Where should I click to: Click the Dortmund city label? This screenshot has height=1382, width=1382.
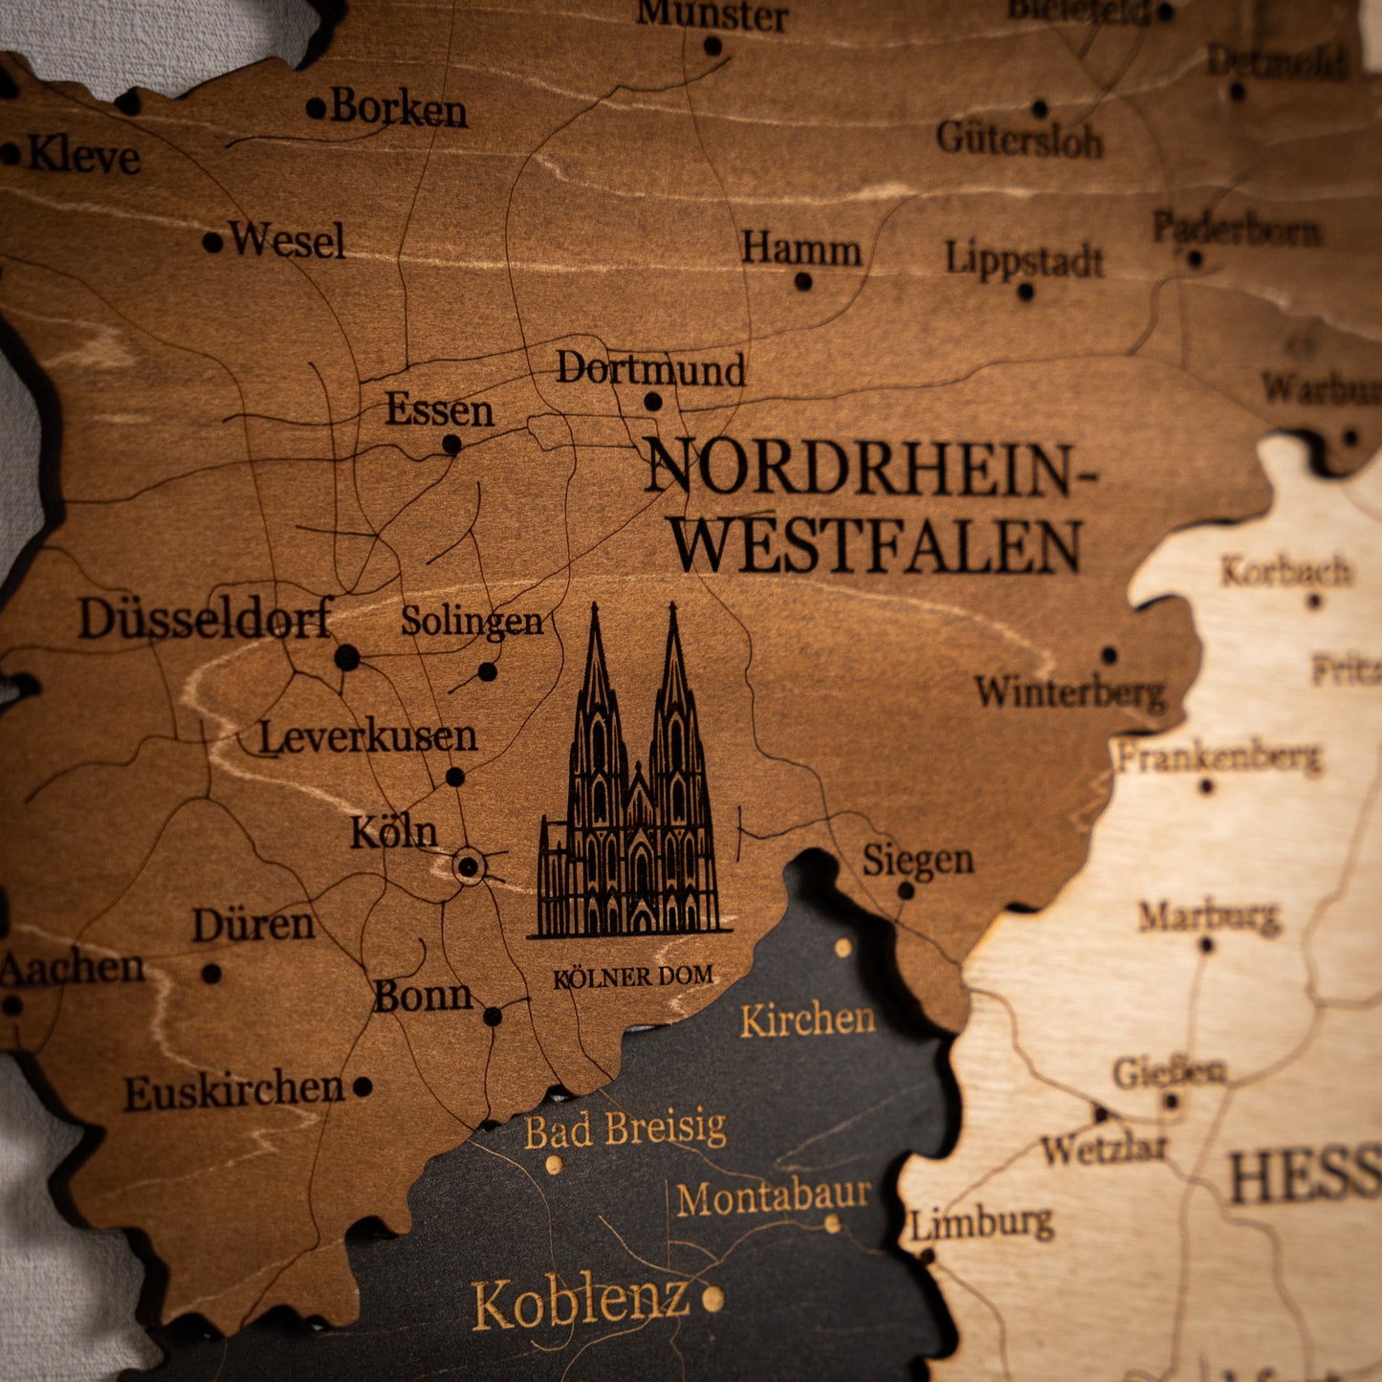(650, 369)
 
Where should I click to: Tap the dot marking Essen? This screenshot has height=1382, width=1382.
(451, 444)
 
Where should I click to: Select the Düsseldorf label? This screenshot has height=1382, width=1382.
(206, 618)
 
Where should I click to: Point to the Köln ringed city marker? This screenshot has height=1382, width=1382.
(468, 866)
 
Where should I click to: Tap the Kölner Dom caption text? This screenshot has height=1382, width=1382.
(633, 977)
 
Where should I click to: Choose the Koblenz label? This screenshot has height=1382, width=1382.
(581, 1302)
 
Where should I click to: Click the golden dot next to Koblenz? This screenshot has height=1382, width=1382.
(713, 1298)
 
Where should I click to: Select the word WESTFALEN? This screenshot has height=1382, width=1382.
(877, 546)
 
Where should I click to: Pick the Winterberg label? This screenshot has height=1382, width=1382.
(1070, 691)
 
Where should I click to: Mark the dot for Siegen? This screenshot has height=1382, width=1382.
(905, 890)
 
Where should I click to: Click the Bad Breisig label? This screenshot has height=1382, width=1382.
(625, 1130)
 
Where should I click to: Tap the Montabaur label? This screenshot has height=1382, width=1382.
(774, 1196)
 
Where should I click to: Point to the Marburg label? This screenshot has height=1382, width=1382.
(1209, 917)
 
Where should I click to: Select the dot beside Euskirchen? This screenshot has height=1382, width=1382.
(362, 1086)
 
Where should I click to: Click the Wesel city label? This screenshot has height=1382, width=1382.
(287, 240)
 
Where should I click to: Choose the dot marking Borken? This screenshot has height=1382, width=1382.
(316, 109)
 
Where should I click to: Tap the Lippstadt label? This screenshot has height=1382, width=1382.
(1024, 259)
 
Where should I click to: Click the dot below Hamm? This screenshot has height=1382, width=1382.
(803, 281)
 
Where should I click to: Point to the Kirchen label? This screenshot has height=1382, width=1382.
(808, 1020)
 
